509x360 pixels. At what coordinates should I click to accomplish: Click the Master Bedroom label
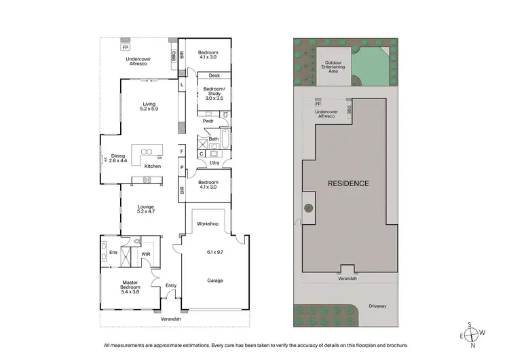pos(130,285)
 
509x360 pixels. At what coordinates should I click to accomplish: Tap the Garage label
pos(214,280)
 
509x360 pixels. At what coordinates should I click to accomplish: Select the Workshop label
pos(208,223)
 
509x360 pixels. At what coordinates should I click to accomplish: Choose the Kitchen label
pos(152,166)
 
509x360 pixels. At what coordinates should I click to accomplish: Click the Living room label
pos(149,104)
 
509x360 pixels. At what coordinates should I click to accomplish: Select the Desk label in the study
pos(214,76)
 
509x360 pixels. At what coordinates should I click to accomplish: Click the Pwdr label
pos(208,122)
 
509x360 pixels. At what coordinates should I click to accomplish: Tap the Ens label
pos(113,253)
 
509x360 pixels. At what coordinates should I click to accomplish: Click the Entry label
pos(170,285)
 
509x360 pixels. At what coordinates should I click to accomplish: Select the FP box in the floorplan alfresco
pos(125,48)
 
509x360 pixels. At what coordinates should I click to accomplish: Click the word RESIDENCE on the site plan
pos(349,183)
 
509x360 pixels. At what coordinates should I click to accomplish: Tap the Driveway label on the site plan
pos(379,306)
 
